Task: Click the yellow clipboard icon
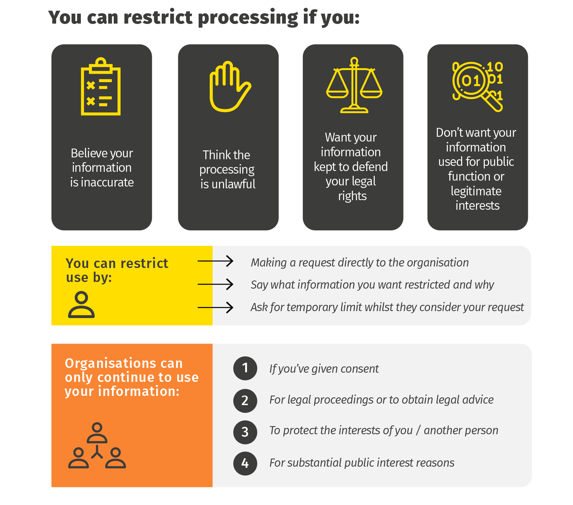pyautogui.click(x=101, y=86)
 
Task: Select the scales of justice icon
pyautogui.click(x=354, y=85)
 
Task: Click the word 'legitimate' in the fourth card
pyautogui.click(x=476, y=191)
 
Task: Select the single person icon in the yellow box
pyautogui.click(x=81, y=304)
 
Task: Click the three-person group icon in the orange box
pyautogui.click(x=97, y=446)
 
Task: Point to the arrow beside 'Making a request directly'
pyautogui.click(x=216, y=261)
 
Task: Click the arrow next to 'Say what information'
pyautogui.click(x=216, y=284)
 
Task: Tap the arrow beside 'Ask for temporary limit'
pyautogui.click(x=216, y=307)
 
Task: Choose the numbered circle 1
pyautogui.click(x=245, y=368)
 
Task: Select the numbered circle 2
pyautogui.click(x=245, y=401)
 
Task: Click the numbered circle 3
pyautogui.click(x=245, y=432)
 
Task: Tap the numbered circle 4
pyautogui.click(x=245, y=463)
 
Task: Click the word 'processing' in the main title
pyautogui.click(x=248, y=18)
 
